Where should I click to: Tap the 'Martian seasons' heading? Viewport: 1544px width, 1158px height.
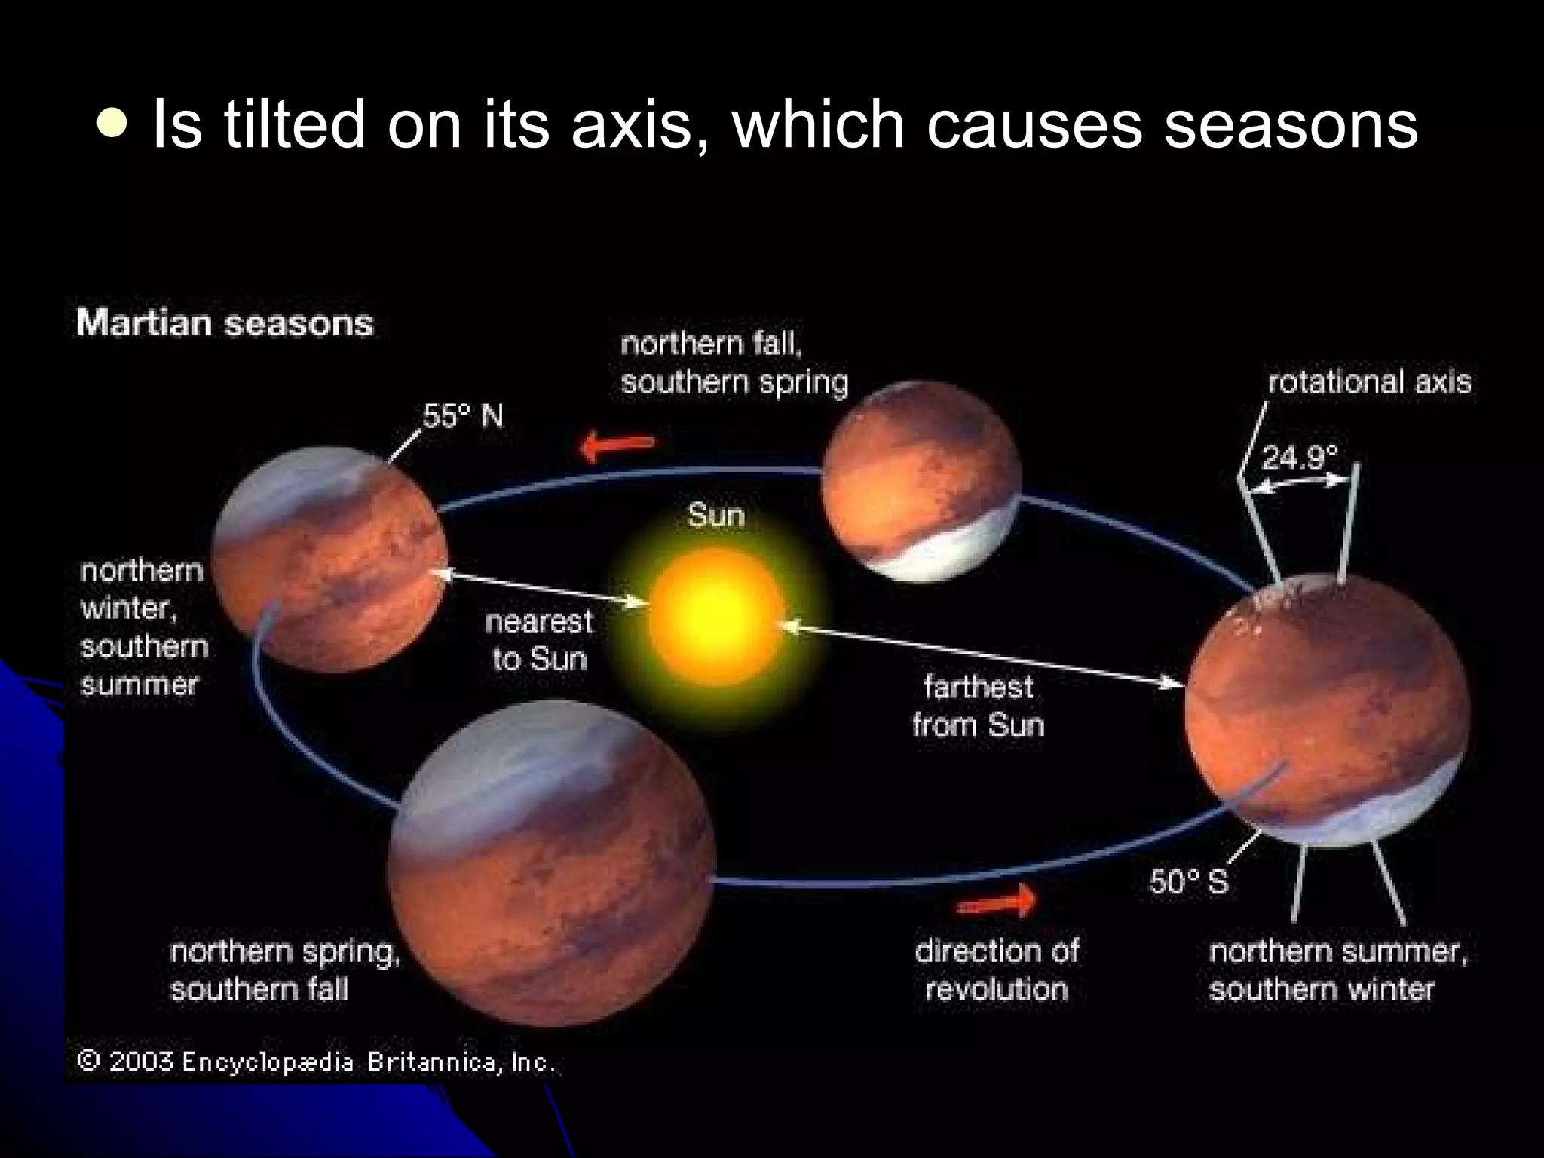225,324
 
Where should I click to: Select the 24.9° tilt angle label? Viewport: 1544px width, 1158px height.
1300,457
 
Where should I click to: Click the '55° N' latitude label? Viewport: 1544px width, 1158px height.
462,416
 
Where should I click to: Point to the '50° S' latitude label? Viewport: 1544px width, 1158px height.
1188,881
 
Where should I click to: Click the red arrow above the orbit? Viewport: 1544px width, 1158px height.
617,447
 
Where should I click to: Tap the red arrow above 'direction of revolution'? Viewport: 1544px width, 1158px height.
997,900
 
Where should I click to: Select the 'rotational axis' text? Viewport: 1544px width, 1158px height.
1369,381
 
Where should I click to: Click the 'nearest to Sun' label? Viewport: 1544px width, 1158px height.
538,640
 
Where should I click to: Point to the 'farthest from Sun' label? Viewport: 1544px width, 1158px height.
978,706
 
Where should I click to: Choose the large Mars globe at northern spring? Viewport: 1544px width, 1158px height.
551,863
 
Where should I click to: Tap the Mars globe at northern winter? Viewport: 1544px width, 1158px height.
328,559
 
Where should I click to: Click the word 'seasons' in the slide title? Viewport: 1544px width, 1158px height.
1291,124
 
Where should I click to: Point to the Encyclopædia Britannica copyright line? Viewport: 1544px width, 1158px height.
317,1062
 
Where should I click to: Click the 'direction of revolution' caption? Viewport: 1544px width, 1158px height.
997,970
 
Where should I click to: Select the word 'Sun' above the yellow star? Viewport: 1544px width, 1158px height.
715,516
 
